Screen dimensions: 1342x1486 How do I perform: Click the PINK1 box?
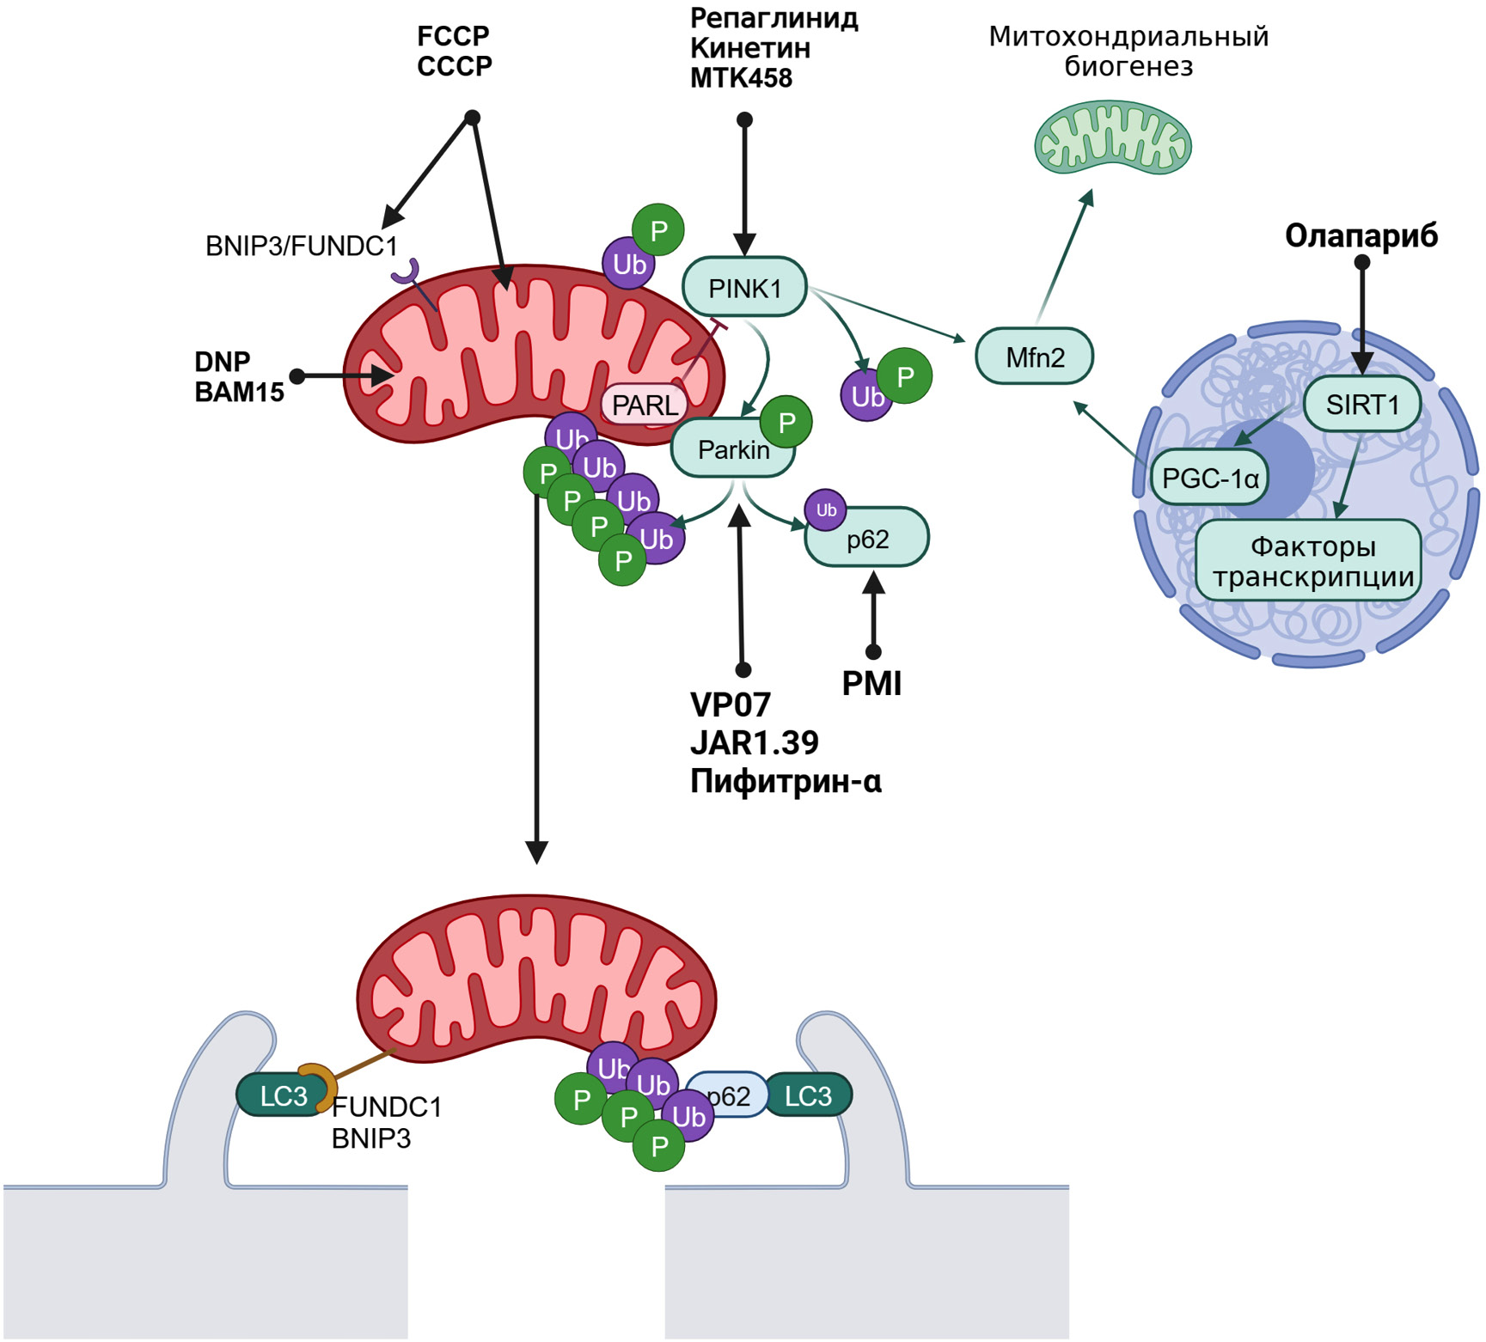pos(744,288)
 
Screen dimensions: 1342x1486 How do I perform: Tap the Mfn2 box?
pos(1035,357)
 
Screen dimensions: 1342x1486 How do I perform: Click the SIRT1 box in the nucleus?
pos(1362,404)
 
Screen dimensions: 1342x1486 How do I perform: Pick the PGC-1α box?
pos(1210,478)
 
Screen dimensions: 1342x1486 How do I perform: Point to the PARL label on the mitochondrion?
pos(645,405)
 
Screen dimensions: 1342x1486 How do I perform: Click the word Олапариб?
pos(1361,235)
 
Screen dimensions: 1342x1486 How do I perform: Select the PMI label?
pos(871,684)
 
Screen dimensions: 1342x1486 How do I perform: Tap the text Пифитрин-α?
pos(786,781)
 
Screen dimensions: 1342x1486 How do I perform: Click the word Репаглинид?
pos(774,18)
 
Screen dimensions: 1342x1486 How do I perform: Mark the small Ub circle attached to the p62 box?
pos(826,510)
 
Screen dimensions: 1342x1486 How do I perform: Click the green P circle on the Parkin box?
pos(786,422)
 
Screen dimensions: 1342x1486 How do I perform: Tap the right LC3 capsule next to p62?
pos(808,1095)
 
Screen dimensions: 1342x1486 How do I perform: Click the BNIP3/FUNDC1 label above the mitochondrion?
pos(302,247)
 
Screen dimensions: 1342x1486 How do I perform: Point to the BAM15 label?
pos(239,392)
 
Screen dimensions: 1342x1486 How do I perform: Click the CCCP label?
pos(454,66)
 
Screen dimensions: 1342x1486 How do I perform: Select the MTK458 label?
pos(741,78)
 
